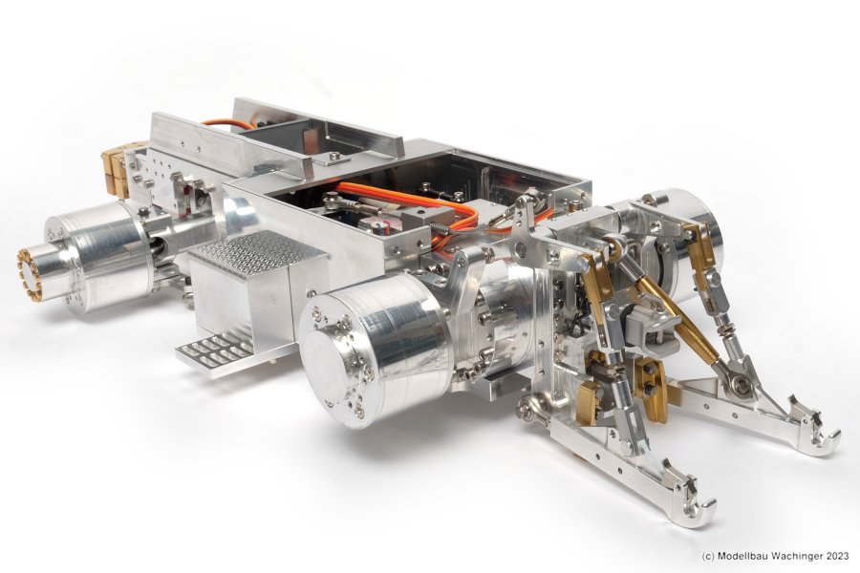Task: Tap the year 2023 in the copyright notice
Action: click(838, 556)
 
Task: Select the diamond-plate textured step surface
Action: click(257, 252)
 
